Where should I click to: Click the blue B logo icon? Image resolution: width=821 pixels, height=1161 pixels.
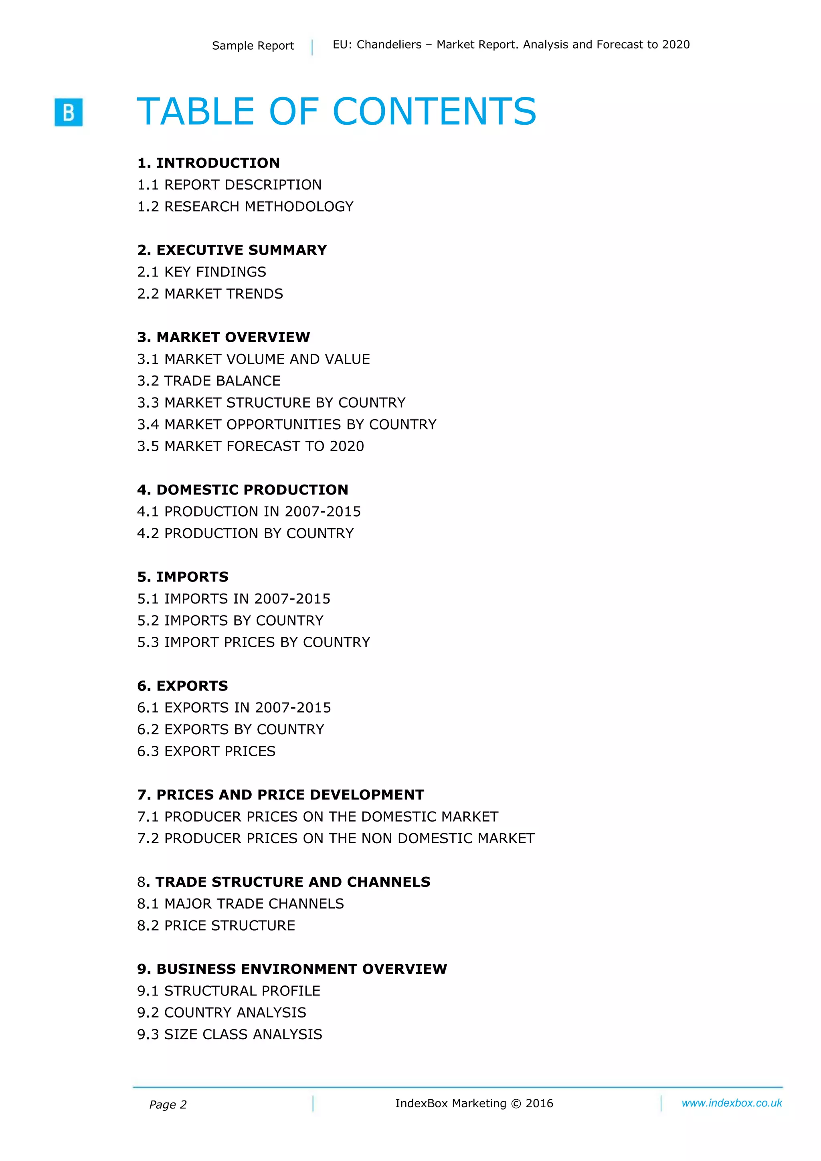[x=68, y=112]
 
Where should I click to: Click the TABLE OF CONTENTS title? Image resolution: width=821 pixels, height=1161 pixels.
[x=336, y=111]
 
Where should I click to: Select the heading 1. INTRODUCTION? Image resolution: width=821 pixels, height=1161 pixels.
[x=208, y=163]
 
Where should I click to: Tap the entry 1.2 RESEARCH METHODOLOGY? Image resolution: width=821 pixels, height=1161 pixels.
[x=245, y=206]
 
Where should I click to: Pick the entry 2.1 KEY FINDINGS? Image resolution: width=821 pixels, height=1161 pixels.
[x=201, y=272]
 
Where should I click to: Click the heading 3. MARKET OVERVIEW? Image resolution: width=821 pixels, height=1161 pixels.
[x=224, y=337]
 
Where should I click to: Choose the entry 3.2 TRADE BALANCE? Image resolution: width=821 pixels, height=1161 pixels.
[x=208, y=381]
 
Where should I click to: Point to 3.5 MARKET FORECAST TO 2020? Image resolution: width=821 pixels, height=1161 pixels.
[x=251, y=446]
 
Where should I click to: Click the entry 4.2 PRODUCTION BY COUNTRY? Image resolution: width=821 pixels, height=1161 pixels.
[x=245, y=533]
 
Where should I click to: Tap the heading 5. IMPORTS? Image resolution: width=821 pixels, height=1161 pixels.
[x=183, y=577]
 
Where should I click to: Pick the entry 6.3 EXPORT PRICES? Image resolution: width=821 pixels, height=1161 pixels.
[x=206, y=751]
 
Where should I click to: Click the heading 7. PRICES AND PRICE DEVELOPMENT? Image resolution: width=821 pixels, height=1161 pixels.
[x=281, y=795]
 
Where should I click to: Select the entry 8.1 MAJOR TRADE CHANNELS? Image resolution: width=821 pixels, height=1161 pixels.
[x=240, y=904]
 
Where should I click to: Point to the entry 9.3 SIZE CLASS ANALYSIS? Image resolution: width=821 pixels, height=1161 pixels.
[x=230, y=1035]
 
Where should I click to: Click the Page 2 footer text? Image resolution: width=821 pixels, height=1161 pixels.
[x=168, y=1105]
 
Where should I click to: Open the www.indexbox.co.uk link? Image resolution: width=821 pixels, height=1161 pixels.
[x=732, y=1103]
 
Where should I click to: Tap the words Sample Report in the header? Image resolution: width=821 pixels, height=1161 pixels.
[x=253, y=46]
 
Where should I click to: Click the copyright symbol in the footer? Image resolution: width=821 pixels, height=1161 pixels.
[x=516, y=1104]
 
